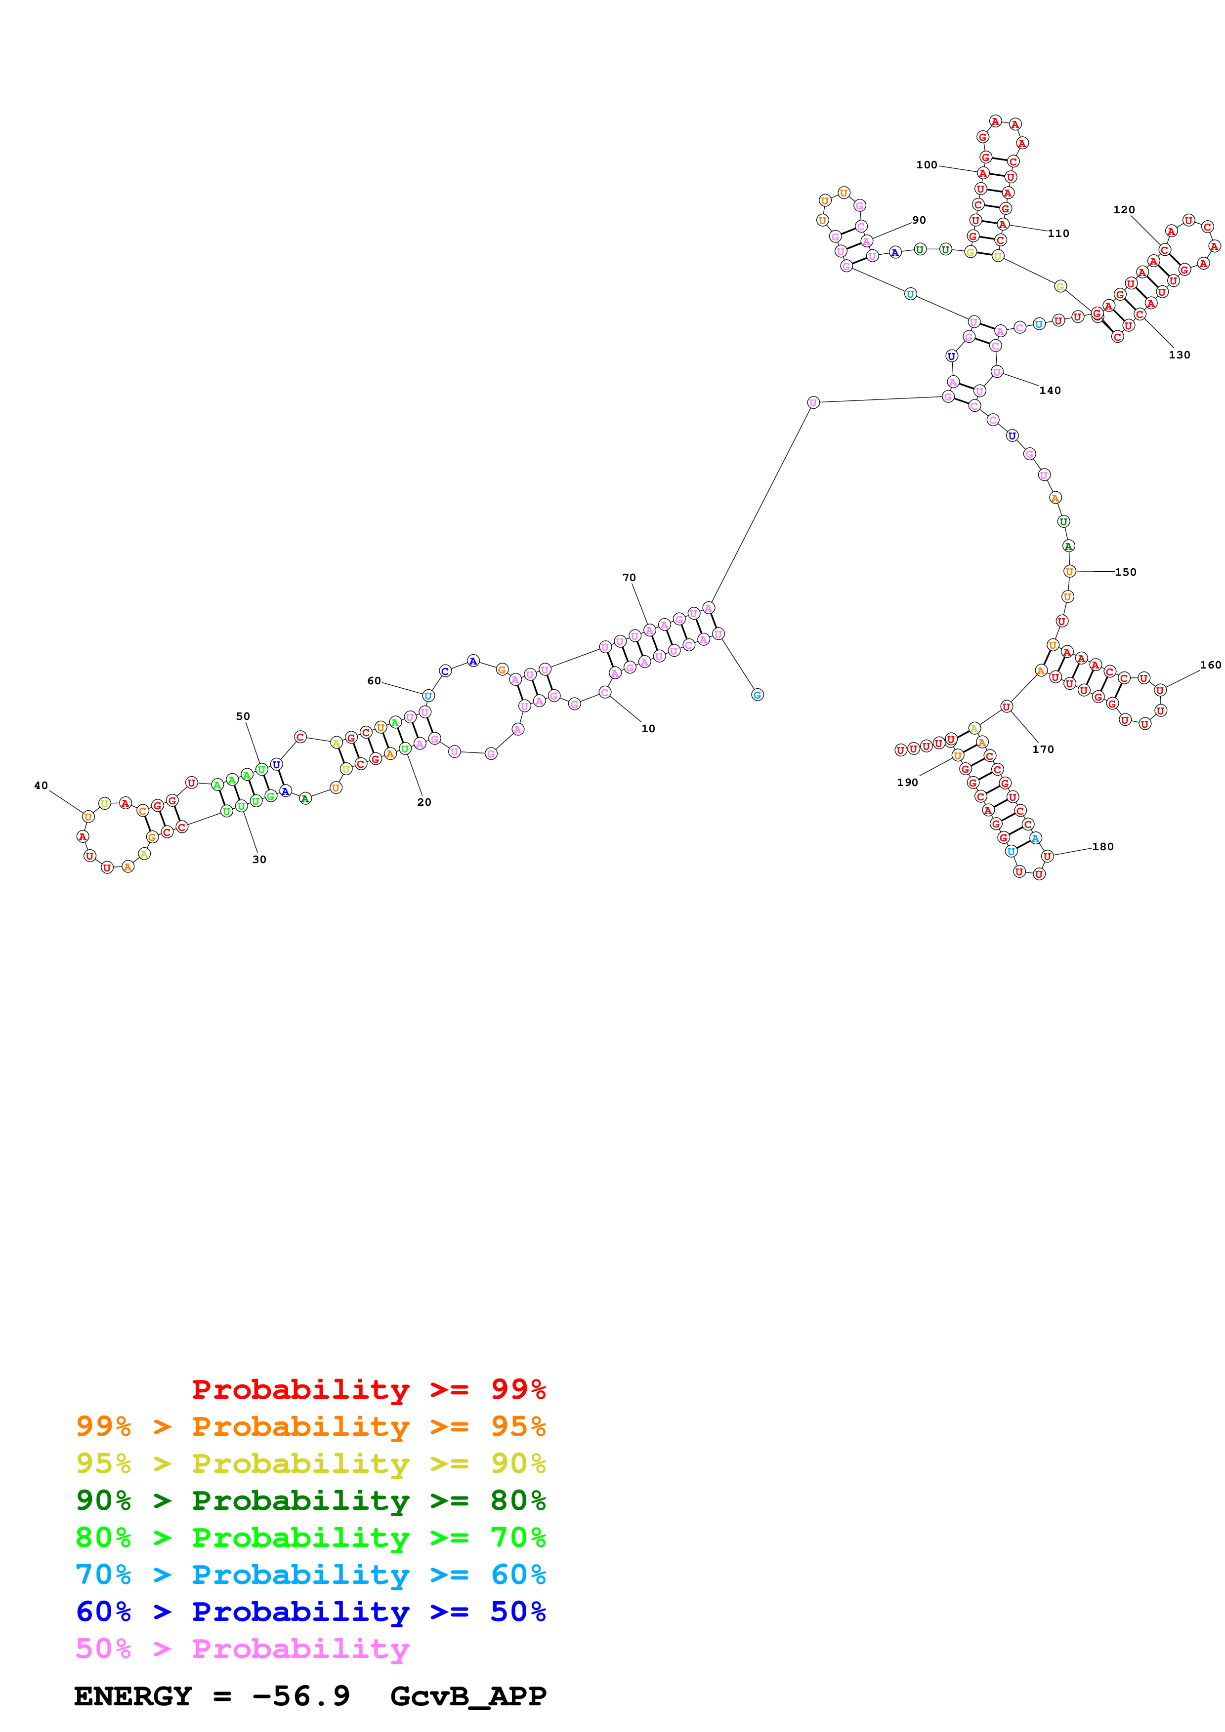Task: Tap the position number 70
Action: [x=629, y=577]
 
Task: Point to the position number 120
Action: [x=1123, y=210]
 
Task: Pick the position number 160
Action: [x=1209, y=665]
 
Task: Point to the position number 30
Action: [x=259, y=859]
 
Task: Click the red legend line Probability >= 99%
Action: [x=368, y=1389]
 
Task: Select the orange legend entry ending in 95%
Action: [x=310, y=1426]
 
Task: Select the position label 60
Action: [x=374, y=680]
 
